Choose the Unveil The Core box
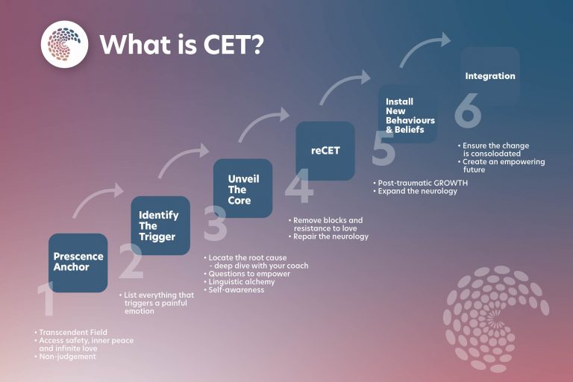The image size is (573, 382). click(x=242, y=189)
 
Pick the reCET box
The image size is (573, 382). click(x=325, y=151)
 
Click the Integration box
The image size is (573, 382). click(x=490, y=77)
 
